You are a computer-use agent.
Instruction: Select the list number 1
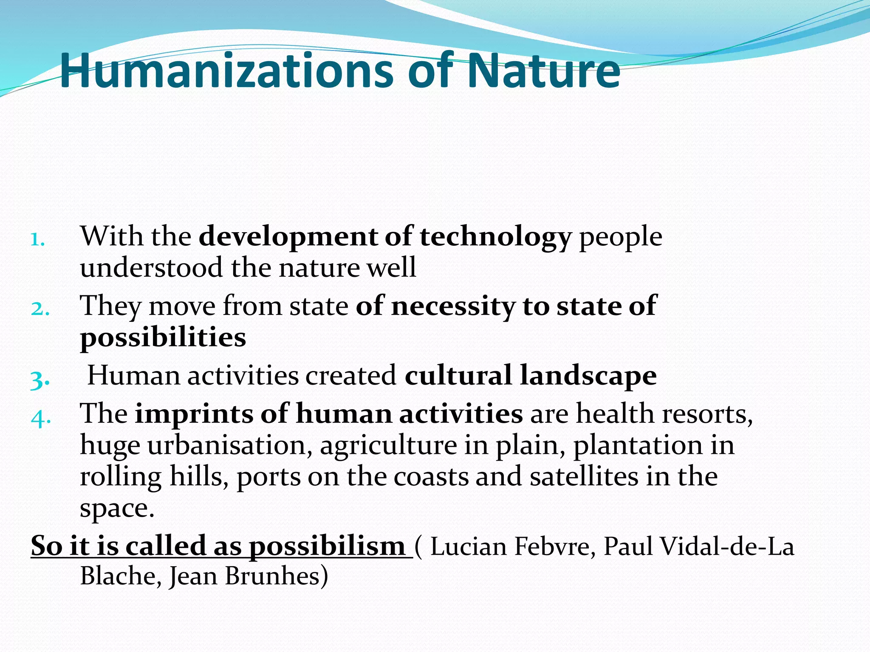(38, 240)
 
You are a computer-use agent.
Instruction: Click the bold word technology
(495, 237)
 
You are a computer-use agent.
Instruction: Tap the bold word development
(288, 237)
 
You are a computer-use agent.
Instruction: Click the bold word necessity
(452, 306)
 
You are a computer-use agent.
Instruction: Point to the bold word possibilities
(163, 337)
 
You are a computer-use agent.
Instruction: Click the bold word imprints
(193, 413)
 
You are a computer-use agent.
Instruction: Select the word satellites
(584, 476)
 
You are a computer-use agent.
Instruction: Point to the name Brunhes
(276, 576)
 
